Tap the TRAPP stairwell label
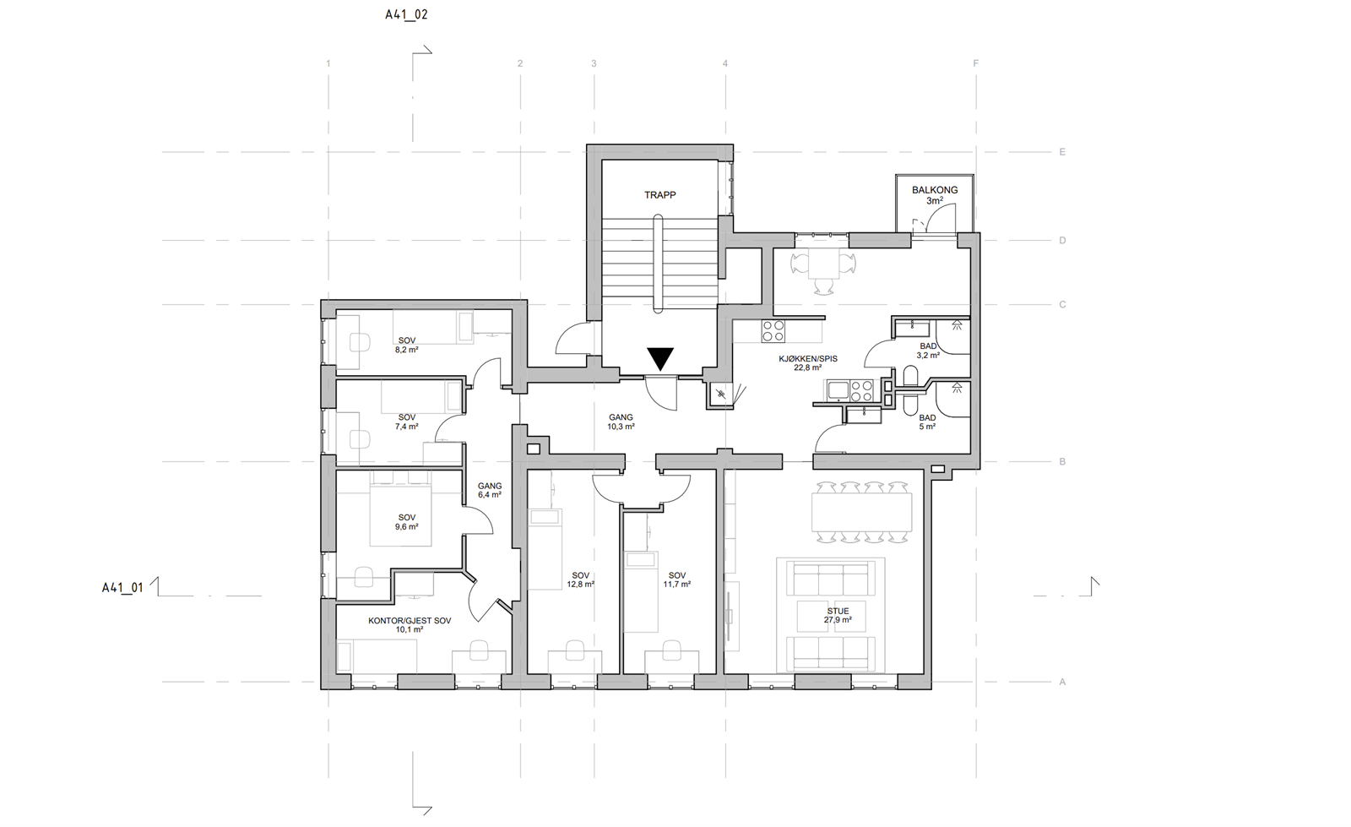659,195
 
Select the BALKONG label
934,190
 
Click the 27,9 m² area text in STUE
838,619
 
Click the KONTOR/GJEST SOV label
410,621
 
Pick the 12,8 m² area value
580,584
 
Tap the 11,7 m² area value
676,584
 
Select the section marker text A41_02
406,14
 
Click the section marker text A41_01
122,588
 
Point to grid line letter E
1062,152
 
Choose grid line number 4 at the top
725,63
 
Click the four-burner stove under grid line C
773,331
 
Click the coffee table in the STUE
831,616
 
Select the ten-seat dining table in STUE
861,512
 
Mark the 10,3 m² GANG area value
621,427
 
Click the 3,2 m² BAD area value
928,356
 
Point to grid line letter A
1062,683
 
